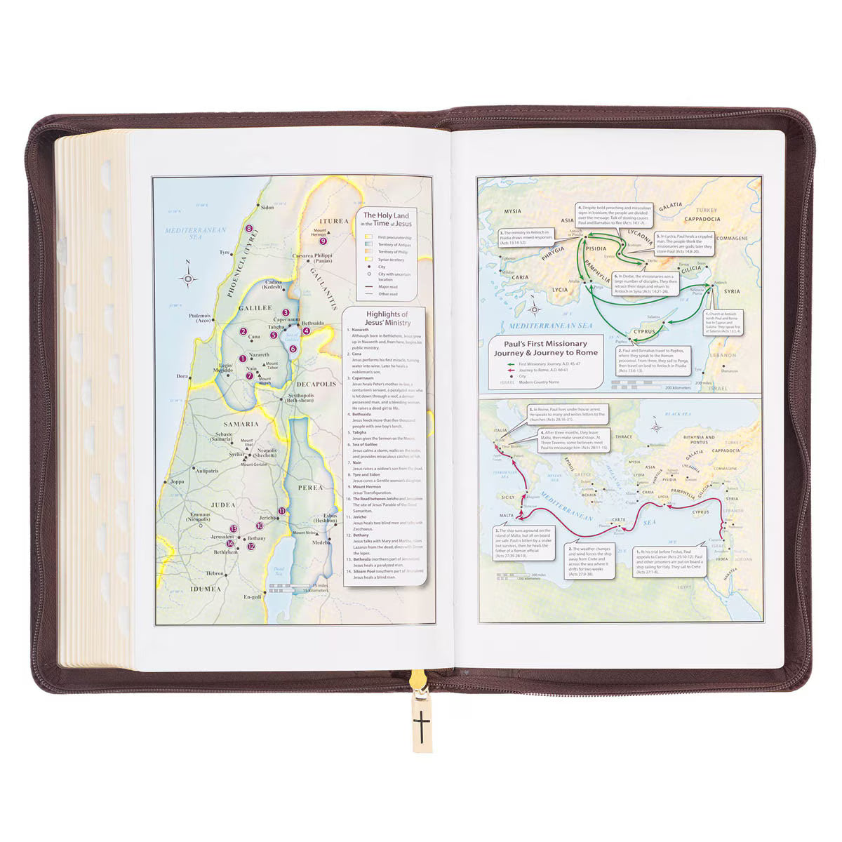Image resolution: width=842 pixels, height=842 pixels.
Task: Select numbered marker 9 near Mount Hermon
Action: click(322, 241)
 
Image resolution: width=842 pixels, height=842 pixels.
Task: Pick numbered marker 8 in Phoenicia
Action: click(248, 229)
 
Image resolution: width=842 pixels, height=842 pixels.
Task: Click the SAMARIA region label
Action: click(241, 425)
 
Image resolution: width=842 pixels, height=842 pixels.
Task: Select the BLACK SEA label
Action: click(679, 415)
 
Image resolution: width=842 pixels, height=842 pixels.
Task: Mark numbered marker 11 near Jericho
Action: click(281, 511)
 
